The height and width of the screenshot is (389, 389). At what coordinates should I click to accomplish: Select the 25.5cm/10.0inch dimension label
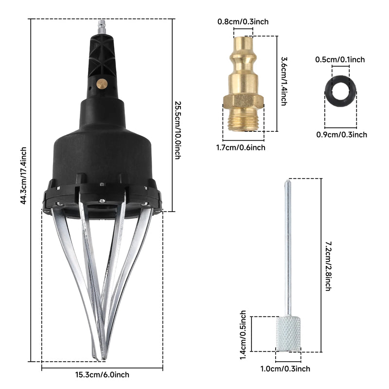pos(178,130)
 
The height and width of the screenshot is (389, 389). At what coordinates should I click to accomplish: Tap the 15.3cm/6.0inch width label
pos(102,374)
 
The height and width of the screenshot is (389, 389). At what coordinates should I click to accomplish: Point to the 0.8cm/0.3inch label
pos(243,21)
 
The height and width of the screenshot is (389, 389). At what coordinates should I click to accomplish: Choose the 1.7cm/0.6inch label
pos(241,147)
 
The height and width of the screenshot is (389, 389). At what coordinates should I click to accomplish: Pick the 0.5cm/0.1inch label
pos(340,59)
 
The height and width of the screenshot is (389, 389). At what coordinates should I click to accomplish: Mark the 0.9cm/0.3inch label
pos(342,135)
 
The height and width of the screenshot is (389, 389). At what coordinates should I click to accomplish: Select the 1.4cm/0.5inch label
pos(243,335)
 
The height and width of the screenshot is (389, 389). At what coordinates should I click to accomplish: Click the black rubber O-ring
pos(340,91)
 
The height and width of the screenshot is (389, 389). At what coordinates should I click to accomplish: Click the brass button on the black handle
pos(102,84)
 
